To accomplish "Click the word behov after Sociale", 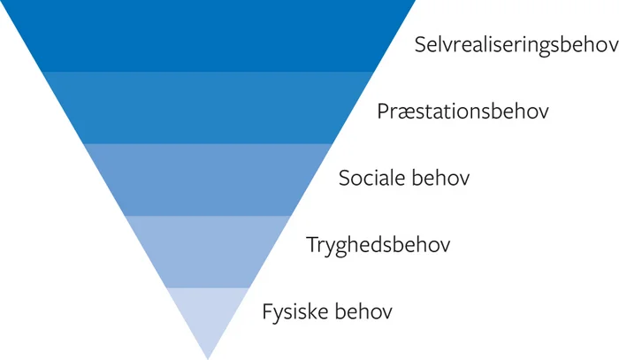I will point(440,178).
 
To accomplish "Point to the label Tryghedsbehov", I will point(378,245).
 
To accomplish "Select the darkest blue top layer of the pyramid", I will point(208,35).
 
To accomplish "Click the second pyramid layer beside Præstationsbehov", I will point(208,107).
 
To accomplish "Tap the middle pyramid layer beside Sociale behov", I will point(208,180).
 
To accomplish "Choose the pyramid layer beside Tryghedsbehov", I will point(208,251).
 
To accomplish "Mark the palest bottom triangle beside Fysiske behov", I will point(208,314).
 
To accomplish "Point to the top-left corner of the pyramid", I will point(3,2).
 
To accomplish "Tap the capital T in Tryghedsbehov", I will point(311,243).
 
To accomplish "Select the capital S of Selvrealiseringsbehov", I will point(421,45).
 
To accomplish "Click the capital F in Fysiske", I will point(267,310).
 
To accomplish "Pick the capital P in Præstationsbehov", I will point(383,111).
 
